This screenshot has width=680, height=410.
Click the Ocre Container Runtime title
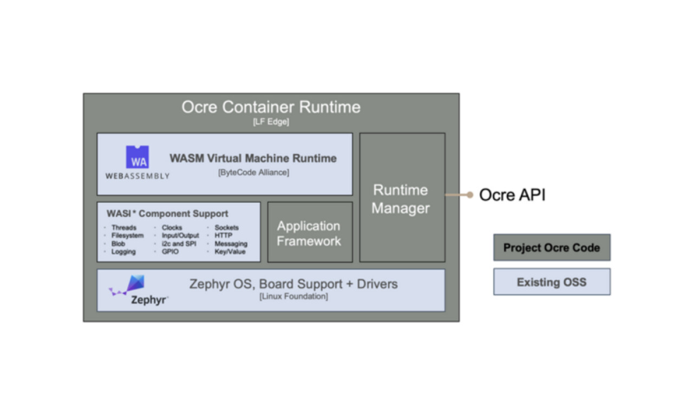click(271, 107)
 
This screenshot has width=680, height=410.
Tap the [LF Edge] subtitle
click(271, 122)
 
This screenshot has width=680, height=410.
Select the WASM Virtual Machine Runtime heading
click(253, 158)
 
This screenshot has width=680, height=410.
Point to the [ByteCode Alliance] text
click(253, 172)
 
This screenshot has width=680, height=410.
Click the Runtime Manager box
click(401, 198)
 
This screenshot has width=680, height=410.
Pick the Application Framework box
click(309, 233)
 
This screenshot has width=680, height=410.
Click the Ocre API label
click(512, 195)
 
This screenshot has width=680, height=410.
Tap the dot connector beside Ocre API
click(470, 195)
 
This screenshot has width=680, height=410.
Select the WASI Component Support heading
click(167, 214)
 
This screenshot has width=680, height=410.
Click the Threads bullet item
click(124, 228)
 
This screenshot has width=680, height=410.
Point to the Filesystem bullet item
click(128, 236)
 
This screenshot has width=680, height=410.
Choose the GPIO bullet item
click(171, 252)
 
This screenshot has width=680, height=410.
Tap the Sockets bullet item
click(226, 228)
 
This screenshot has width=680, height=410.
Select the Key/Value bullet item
click(230, 252)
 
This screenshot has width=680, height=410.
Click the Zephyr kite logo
click(133, 285)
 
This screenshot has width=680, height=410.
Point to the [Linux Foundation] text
click(293, 297)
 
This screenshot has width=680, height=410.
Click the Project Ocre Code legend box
click(551, 248)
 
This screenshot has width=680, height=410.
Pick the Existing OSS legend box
click(551, 282)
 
